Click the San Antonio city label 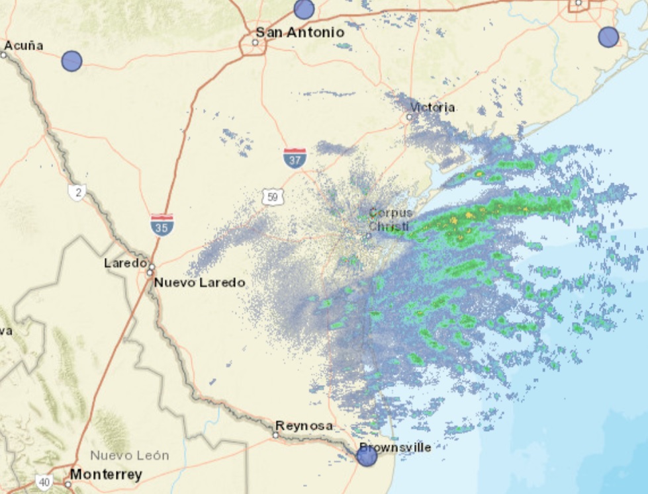click(300, 32)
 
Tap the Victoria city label click(432, 107)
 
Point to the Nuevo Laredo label click(199, 282)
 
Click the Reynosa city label click(304, 425)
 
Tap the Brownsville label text click(395, 447)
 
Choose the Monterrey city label click(106, 474)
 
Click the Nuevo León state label click(130, 456)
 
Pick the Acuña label click(23, 46)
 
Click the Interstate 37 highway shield click(295, 158)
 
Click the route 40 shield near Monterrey click(44, 482)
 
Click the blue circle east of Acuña click(71, 61)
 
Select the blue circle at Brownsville click(367, 456)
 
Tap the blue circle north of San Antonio click(304, 9)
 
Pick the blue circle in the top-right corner click(608, 37)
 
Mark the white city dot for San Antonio click(255, 43)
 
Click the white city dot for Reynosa click(275, 434)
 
